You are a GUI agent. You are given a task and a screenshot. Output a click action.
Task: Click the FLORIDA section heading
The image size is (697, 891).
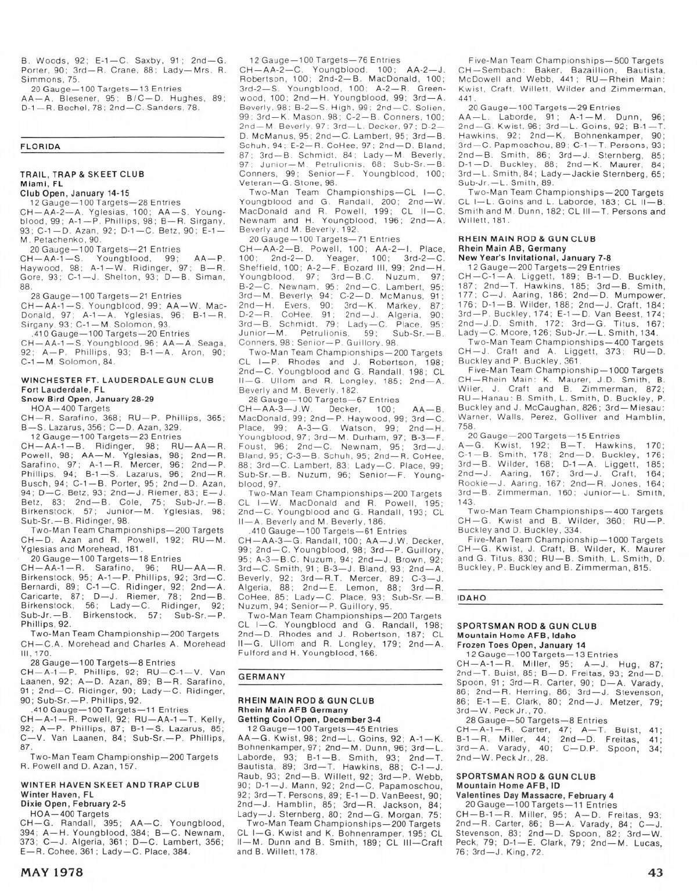(x=40, y=147)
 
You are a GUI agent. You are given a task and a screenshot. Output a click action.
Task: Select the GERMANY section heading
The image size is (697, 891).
(x=262, y=676)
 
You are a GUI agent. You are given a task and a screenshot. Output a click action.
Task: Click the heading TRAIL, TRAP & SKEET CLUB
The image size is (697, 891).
(x=82, y=174)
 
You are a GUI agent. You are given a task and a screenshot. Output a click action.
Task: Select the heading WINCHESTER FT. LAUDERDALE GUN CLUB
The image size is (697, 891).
(x=117, y=380)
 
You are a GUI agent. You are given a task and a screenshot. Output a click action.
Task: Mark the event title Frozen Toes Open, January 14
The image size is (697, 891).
(x=521, y=645)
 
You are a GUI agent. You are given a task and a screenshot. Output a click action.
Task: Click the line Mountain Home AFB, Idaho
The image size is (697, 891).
(x=515, y=636)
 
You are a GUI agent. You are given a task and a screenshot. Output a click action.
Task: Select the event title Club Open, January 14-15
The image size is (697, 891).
(x=74, y=193)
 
